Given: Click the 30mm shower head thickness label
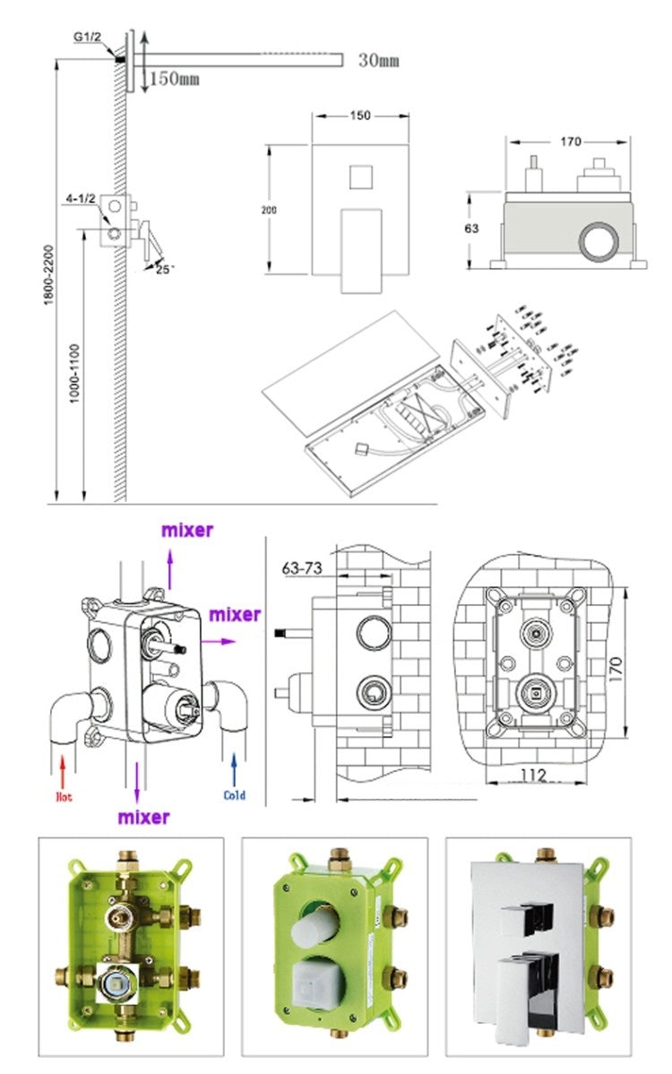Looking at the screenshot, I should click(378, 61).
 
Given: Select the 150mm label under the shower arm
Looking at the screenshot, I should click(174, 79).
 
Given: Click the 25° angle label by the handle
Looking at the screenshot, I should click(163, 268).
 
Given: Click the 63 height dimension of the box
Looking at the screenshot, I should click(471, 229).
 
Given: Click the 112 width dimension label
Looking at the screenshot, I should click(534, 775).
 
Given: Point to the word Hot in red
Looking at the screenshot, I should click(64, 795).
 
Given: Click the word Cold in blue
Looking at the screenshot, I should click(235, 795).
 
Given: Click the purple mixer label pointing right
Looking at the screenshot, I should click(235, 615).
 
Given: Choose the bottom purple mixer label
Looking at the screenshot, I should click(143, 817).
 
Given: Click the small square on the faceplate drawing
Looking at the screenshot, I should click(361, 175).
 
